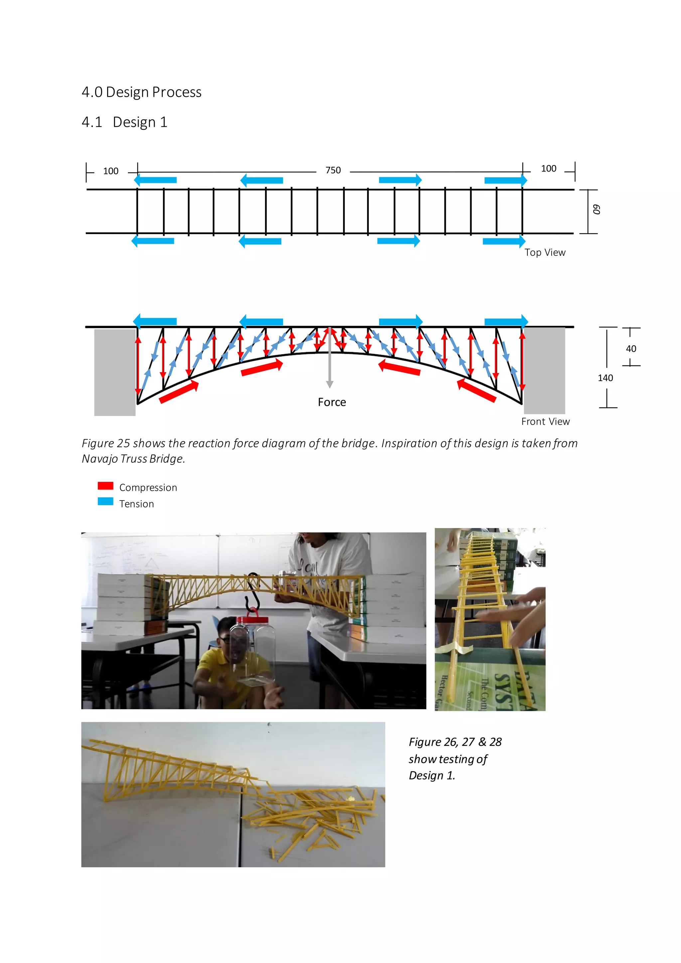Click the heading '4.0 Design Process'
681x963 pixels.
(x=141, y=92)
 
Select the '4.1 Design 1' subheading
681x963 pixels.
(x=125, y=122)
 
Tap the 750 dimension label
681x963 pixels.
(x=333, y=170)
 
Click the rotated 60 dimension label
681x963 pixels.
(x=596, y=210)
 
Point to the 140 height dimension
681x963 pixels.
(x=605, y=378)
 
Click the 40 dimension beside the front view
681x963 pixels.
(x=631, y=348)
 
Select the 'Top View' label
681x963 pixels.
(x=545, y=252)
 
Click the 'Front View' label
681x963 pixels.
(x=545, y=422)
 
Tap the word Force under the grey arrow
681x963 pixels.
(x=332, y=402)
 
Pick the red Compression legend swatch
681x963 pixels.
(x=105, y=486)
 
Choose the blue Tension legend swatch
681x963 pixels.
(x=105, y=501)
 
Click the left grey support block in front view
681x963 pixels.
(x=114, y=372)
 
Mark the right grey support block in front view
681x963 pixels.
(x=544, y=371)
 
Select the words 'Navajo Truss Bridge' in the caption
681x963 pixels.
(x=133, y=459)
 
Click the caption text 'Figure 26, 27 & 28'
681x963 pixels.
(x=455, y=742)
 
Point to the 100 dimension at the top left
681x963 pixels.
(x=111, y=171)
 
